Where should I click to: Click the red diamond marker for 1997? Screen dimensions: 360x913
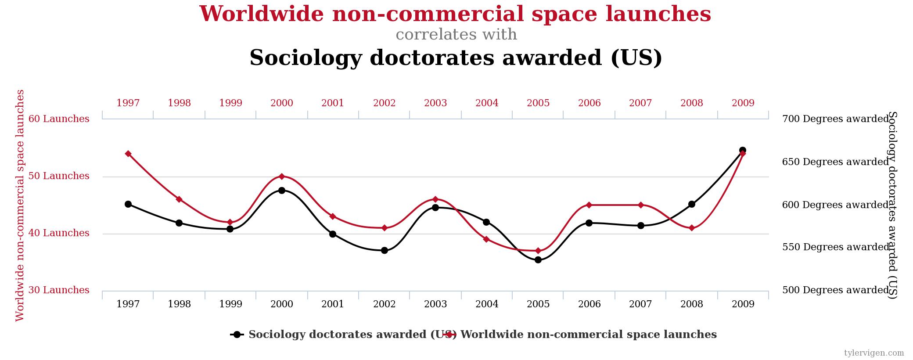pos(128,154)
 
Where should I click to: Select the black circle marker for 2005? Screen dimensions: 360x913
pos(538,260)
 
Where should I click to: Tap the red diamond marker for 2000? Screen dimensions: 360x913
pos(282,176)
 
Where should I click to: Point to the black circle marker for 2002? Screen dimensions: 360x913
pos(385,251)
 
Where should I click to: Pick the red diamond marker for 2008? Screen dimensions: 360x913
pos(692,228)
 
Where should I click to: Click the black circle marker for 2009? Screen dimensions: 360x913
pos(743,150)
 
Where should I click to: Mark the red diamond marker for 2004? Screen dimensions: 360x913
pos(486,239)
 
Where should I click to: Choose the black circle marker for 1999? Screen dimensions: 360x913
pos(230,229)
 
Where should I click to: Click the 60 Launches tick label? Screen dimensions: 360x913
pos(59,119)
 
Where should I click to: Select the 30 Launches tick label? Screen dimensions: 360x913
pos(59,290)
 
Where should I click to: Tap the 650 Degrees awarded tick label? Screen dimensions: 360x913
pos(835,162)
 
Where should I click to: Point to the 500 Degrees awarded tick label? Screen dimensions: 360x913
pos(835,290)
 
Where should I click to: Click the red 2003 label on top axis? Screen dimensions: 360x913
pos(435,103)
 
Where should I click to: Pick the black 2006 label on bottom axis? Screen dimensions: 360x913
pos(589,304)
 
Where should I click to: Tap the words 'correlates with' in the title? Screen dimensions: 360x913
pos(456,35)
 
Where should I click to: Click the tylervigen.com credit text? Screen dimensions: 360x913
pos(874,353)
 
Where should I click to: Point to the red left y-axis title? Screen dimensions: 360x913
pos(20,205)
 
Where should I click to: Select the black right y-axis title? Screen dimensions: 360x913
pos(893,205)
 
